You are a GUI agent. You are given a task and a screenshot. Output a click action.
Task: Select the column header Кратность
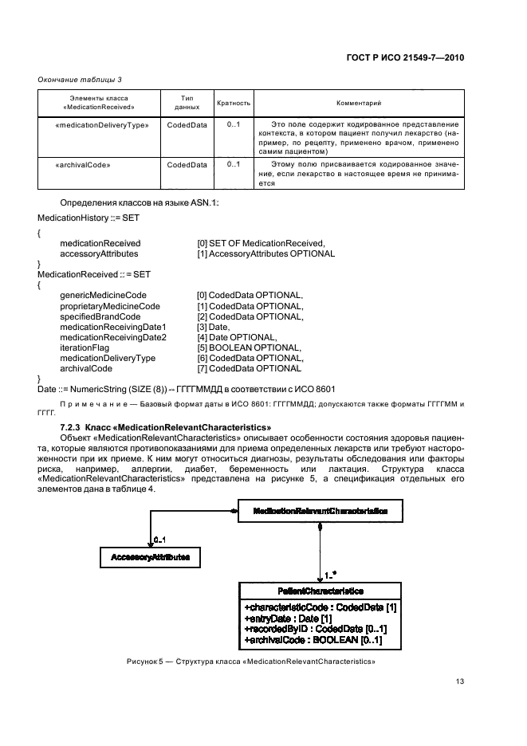coord(234,103)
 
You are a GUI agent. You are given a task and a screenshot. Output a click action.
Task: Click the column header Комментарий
coord(359,103)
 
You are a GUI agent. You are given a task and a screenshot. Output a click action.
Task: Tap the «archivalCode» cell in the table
coord(83,165)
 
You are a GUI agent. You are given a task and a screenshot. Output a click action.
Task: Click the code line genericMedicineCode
coord(97,296)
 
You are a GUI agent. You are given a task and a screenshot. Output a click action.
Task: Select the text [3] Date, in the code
coord(214,327)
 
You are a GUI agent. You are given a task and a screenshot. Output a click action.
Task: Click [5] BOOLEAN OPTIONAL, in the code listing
coord(249,347)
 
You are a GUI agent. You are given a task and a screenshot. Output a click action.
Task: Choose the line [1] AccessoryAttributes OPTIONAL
coord(265,253)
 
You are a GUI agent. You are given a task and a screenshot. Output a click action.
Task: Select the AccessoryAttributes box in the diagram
coord(150,558)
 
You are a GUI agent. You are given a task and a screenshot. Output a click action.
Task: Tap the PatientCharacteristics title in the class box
coord(320,591)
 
